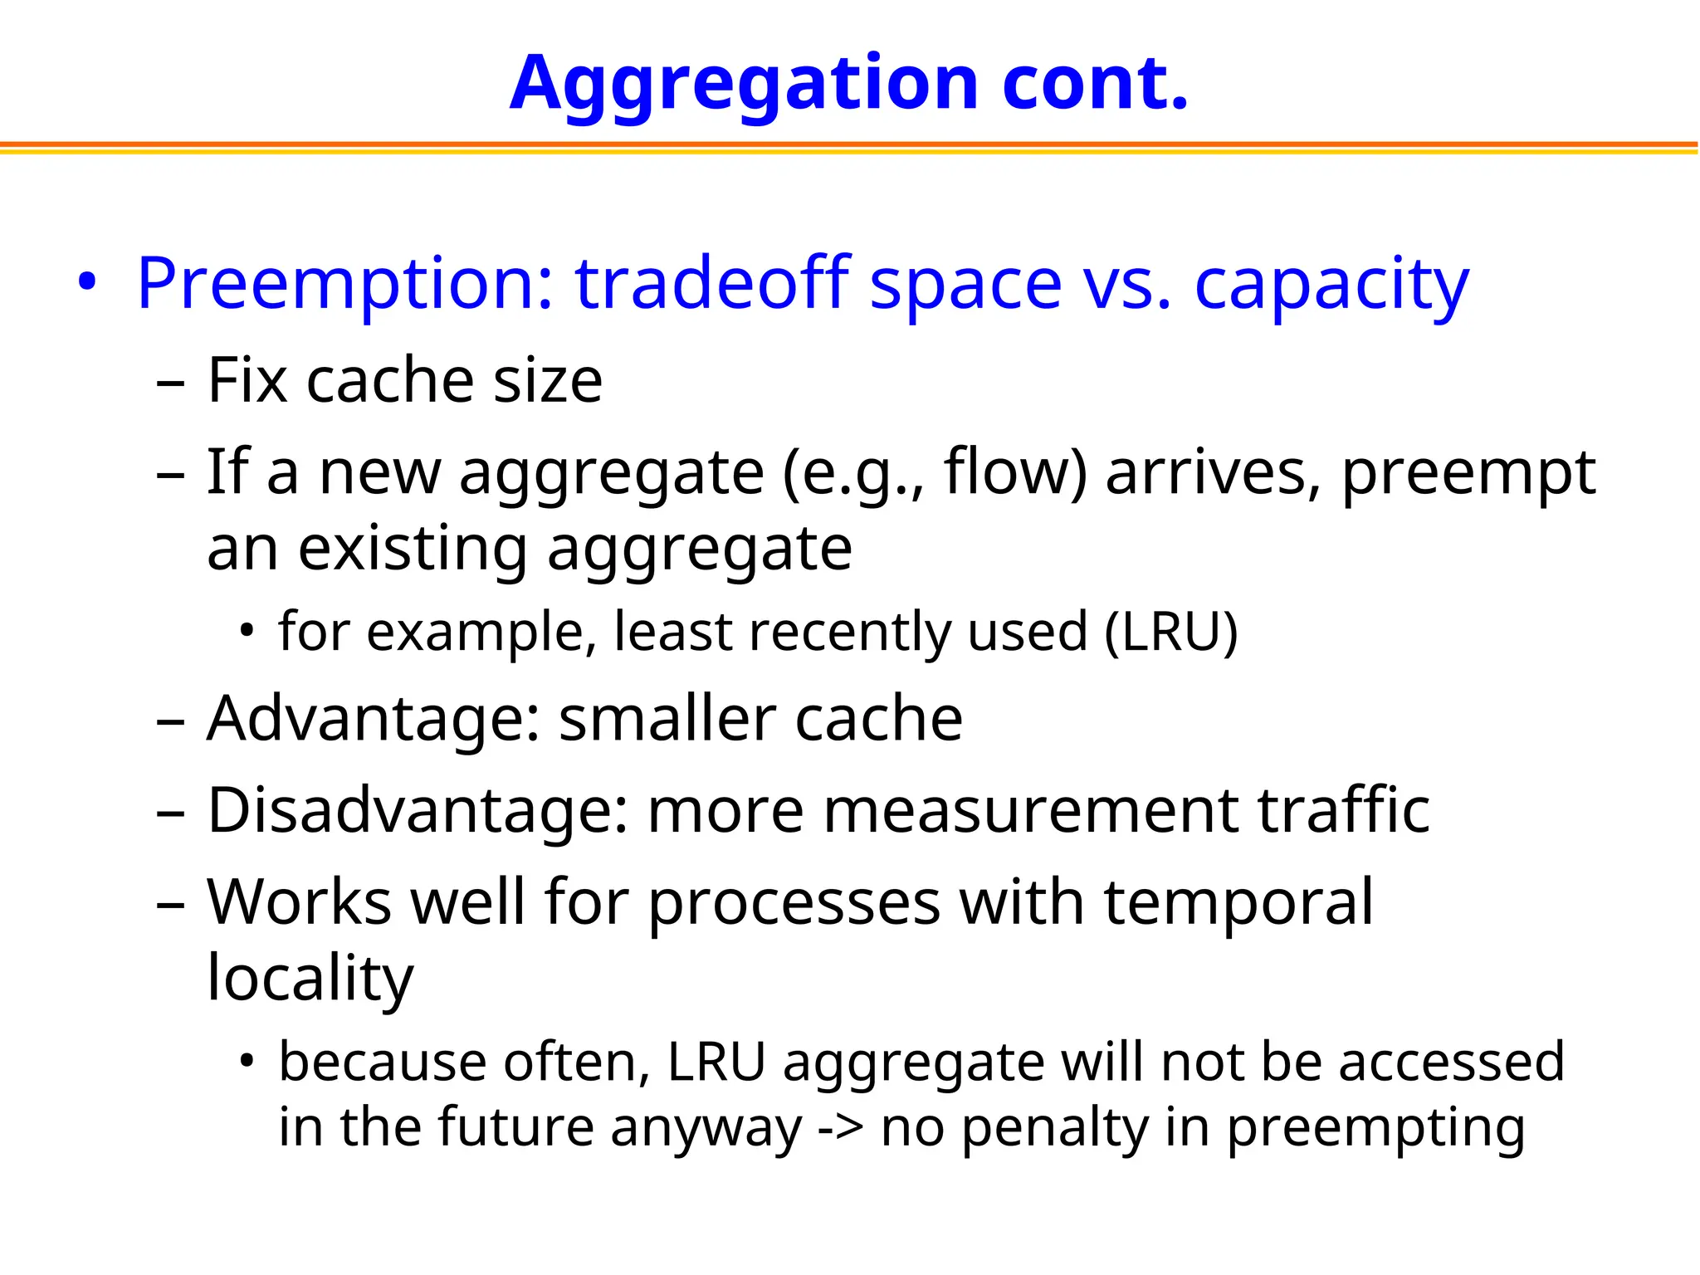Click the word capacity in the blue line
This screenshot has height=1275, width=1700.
click(1331, 284)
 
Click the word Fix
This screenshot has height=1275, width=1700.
click(247, 381)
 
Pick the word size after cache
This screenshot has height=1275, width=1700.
click(548, 381)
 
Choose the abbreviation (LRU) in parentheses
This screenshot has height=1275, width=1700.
click(1171, 632)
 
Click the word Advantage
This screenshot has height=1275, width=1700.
click(374, 719)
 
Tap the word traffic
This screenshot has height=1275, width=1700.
click(1344, 810)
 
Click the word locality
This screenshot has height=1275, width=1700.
click(310, 979)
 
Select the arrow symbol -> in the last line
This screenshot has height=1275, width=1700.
click(841, 1127)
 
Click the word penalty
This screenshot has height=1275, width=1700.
click(1054, 1127)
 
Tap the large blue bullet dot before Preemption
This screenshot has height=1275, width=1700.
click(86, 282)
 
